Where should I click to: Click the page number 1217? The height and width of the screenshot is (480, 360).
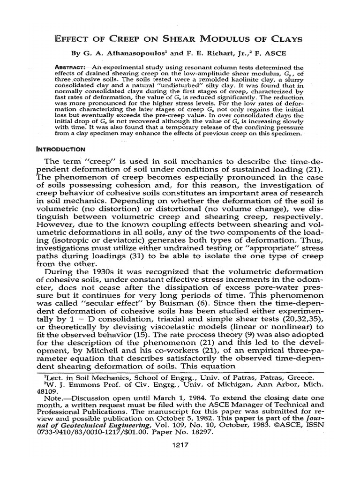[x=180, y=445]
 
